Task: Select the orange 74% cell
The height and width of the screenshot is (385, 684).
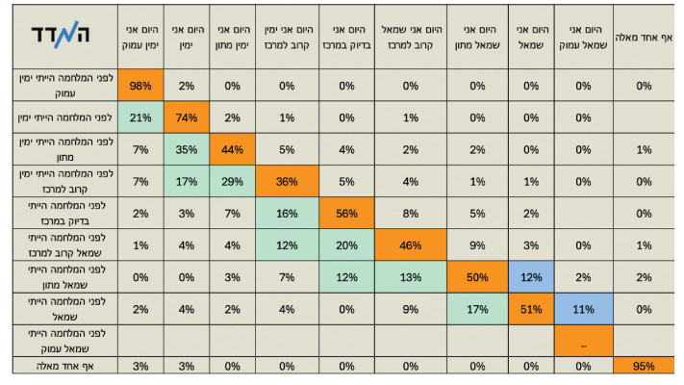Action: (x=187, y=117)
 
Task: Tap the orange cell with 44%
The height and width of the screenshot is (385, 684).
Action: (x=232, y=149)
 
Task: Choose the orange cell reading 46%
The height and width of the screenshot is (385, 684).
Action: (x=410, y=245)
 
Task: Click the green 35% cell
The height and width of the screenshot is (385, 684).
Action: (x=187, y=149)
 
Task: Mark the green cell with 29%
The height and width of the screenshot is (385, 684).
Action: (x=232, y=182)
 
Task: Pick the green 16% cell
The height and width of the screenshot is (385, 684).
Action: (x=286, y=214)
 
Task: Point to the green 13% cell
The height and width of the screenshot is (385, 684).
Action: (x=410, y=277)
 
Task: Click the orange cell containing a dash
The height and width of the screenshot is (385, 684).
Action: (x=581, y=340)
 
